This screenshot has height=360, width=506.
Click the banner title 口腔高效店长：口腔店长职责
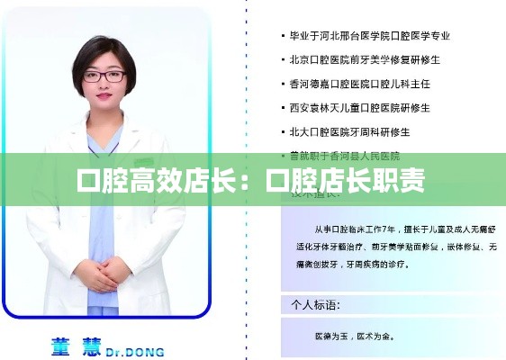click(252, 180)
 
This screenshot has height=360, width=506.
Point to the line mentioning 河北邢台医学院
click(368, 37)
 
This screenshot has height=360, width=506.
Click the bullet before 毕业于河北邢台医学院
click(279, 37)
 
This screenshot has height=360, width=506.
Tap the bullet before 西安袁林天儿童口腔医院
click(279, 108)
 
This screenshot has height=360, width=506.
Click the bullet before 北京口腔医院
click(279, 60)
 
